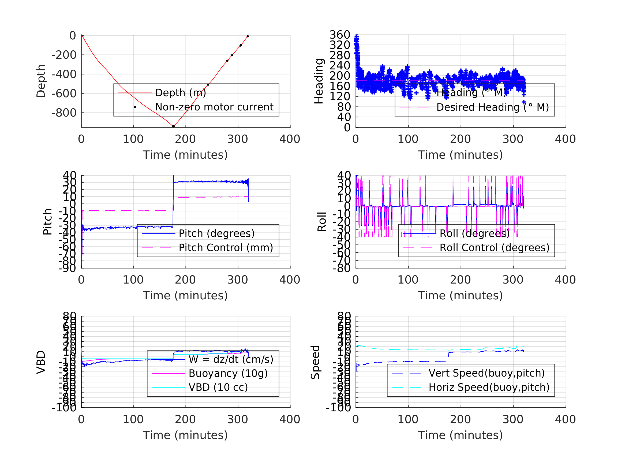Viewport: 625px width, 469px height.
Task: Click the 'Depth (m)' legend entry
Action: pos(181,93)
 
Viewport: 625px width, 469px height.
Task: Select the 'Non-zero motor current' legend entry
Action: pos(214,107)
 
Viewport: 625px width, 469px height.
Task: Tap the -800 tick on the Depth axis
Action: pos(64,113)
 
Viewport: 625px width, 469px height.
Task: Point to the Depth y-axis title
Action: pos(41,81)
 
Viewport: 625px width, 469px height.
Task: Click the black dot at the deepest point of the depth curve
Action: pos(173,126)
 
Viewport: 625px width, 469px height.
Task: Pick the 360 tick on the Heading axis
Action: pos(340,35)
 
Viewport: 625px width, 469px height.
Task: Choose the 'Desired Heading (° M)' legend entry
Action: pos(492,107)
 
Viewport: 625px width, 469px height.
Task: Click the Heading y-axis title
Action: pos(319,81)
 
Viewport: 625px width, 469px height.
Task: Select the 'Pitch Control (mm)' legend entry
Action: pos(226,248)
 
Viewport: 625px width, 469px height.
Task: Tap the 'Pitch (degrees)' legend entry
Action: pos(216,233)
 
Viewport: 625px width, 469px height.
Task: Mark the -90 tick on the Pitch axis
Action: pos(67,268)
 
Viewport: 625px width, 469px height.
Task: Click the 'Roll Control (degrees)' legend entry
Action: pos(495,248)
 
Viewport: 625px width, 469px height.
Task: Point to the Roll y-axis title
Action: pos(322,222)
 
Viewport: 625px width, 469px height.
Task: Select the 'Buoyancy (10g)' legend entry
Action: pos(228,373)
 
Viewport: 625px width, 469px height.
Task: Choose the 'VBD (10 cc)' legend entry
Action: pos(218,387)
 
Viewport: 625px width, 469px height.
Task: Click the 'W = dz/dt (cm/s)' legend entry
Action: pos(231,360)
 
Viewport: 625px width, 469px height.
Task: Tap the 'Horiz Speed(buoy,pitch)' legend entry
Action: pos(489,387)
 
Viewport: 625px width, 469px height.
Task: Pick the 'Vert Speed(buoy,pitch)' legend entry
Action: pos(486,373)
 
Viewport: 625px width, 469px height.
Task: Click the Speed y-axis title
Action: pos(315,362)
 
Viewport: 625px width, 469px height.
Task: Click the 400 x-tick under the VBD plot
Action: pos(290,419)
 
